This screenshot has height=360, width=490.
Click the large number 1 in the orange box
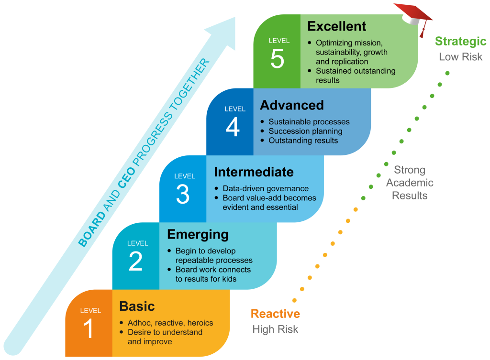click(x=89, y=330)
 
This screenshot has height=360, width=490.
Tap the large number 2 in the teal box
click(x=135, y=262)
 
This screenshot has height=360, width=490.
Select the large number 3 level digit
click(x=182, y=194)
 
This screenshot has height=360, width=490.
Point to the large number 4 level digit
click(x=232, y=128)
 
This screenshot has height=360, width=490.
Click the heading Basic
click(x=137, y=306)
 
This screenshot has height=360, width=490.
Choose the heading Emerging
click(x=198, y=235)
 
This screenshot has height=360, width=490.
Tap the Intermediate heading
click(x=254, y=172)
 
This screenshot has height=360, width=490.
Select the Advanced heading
click(x=292, y=105)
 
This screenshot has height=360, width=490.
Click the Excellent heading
click(x=336, y=26)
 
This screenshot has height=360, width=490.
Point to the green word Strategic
click(x=460, y=42)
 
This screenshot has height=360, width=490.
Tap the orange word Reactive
click(x=275, y=314)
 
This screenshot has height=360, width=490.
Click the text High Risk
click(x=275, y=329)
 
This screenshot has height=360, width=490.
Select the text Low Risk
click(x=460, y=57)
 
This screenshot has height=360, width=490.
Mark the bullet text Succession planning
click(x=305, y=131)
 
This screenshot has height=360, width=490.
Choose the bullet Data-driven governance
click(x=266, y=188)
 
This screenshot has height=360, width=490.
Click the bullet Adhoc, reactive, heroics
click(x=170, y=323)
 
